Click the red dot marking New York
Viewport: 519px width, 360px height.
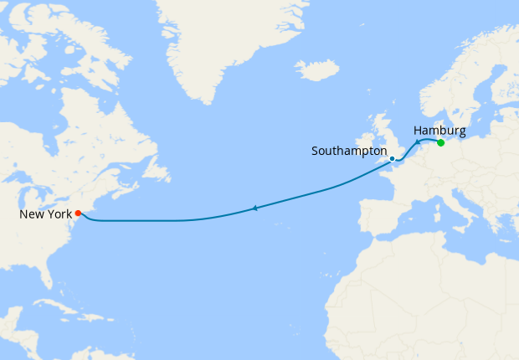(x=78, y=213)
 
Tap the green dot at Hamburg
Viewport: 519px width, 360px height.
(x=441, y=142)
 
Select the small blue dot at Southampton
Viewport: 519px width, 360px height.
(x=392, y=158)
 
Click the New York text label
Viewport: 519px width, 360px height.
(x=46, y=214)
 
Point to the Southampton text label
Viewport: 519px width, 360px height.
(x=349, y=152)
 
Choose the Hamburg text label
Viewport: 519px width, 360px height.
(x=439, y=130)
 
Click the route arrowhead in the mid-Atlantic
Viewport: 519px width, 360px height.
(x=254, y=208)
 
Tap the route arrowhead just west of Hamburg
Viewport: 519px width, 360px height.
(x=418, y=143)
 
